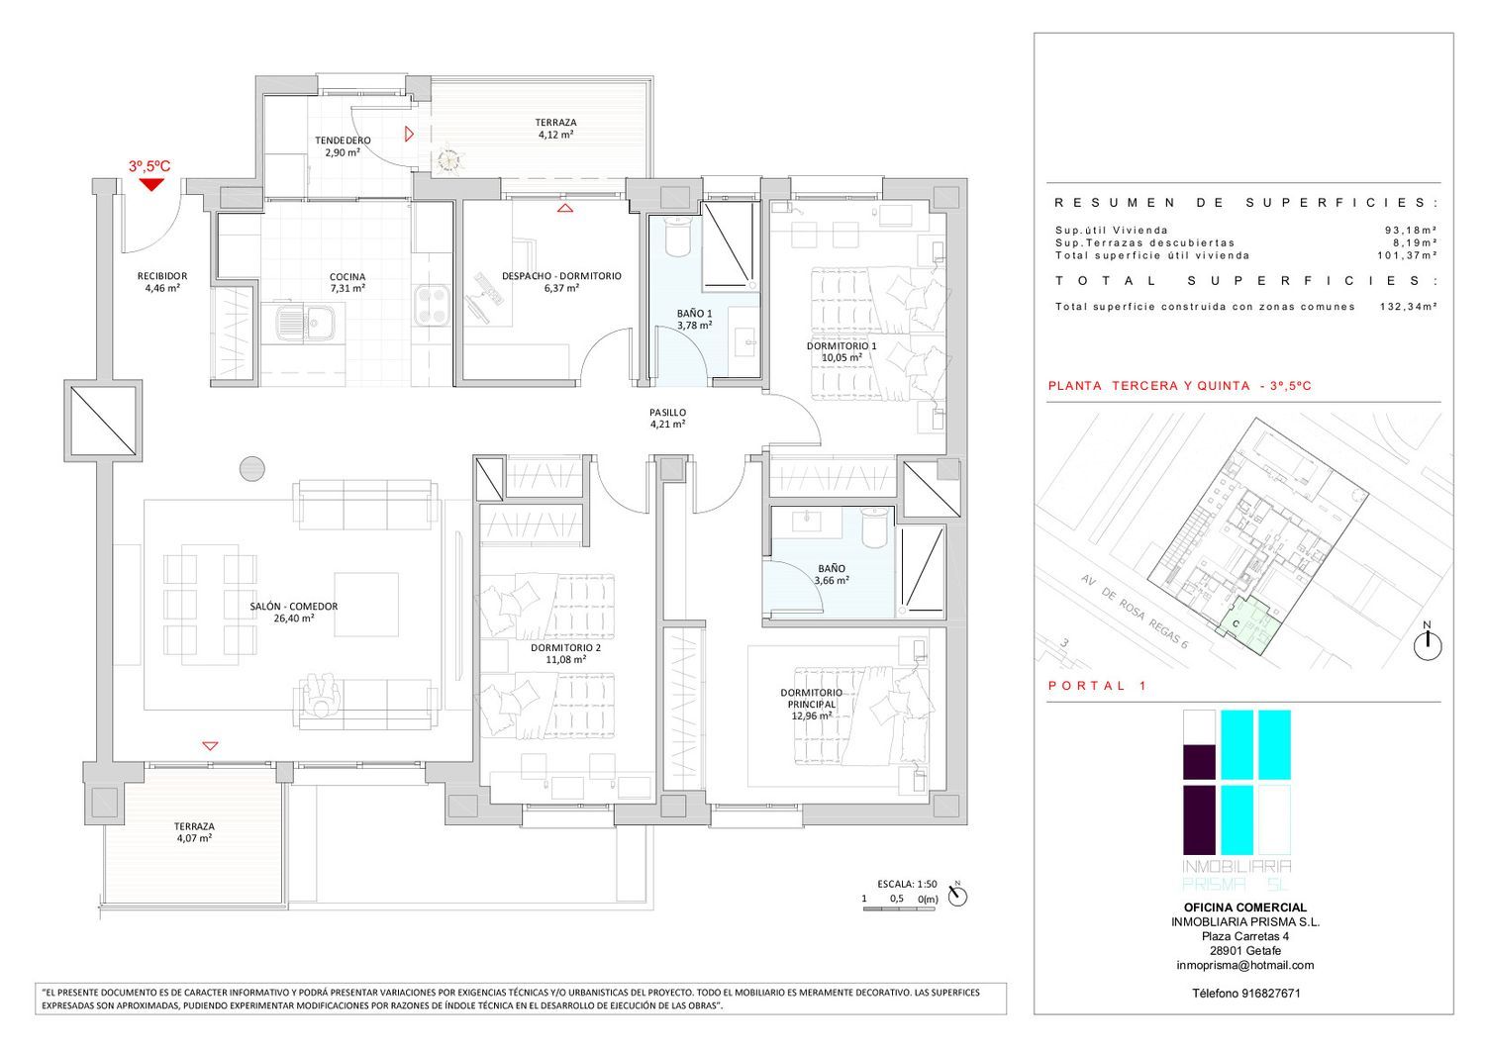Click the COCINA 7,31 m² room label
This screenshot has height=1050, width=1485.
point(347,282)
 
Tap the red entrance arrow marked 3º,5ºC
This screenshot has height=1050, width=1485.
point(151,185)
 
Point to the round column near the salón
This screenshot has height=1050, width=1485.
point(251,469)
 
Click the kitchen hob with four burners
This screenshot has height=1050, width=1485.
point(432,305)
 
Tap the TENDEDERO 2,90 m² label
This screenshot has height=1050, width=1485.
point(343,145)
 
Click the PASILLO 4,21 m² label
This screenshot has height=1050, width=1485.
point(667,418)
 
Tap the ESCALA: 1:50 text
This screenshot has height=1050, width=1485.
point(907,884)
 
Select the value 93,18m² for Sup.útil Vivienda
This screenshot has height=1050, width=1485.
point(1412,230)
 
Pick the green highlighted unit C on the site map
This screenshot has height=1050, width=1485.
point(1249,625)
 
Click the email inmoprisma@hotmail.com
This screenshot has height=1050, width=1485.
point(1245,965)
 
